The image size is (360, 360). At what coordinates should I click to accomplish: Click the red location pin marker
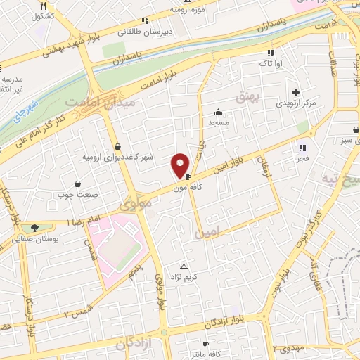(180, 166)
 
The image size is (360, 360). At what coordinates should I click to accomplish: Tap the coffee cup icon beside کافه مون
(188, 177)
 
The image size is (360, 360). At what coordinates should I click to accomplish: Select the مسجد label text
(219, 122)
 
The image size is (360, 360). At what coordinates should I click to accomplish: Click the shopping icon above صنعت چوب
(77, 184)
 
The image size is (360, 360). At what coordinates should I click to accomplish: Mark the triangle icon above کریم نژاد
(184, 266)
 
